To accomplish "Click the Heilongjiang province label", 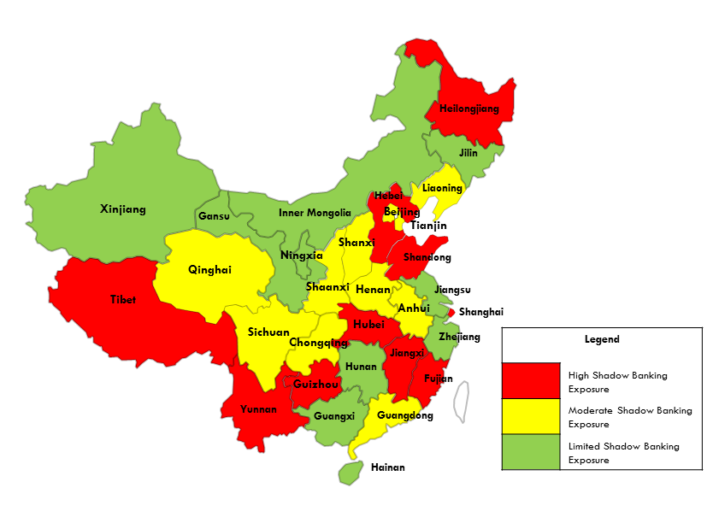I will pos(468,109).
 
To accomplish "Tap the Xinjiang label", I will pos(123,209).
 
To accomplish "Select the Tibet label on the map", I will pos(122,300).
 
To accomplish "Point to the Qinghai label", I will pos(209,270).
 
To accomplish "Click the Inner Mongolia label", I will pos(315,213).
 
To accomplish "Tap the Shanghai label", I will pos(481,312).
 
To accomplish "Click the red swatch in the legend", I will pos(530,380).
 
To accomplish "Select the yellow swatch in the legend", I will pos(530,416).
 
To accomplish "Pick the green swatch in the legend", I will pos(530,452).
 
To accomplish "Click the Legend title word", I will pos(602,339).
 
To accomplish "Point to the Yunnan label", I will pos(258,409).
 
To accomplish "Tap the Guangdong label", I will pos(404,416).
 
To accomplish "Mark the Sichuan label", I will pos(268,332).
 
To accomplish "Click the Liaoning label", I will pos(442,188).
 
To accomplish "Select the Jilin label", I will pos(468,153).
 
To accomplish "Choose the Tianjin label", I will pos(428,226).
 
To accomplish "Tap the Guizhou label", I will pos(316,385).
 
